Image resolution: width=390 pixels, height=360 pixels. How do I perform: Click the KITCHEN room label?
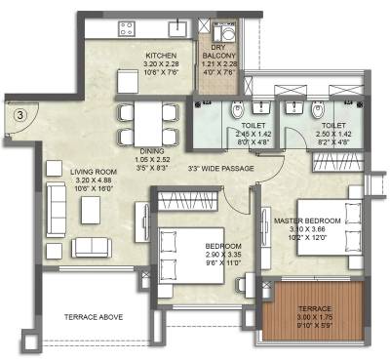coord(160,55)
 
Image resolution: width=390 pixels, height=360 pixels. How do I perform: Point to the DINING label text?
coord(149,151)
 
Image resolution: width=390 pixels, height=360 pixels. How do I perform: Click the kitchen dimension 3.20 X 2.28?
coord(160,63)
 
